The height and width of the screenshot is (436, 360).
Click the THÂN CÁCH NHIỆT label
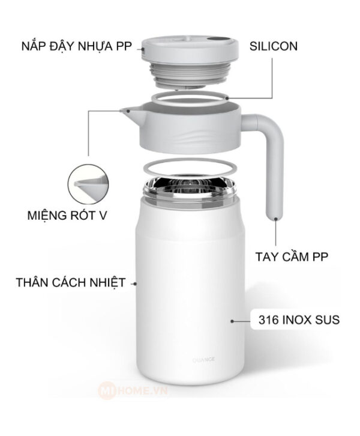click(x=71, y=282)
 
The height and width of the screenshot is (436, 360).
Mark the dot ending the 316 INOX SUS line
click(x=233, y=321)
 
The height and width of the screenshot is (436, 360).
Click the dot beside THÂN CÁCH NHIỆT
click(x=135, y=282)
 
